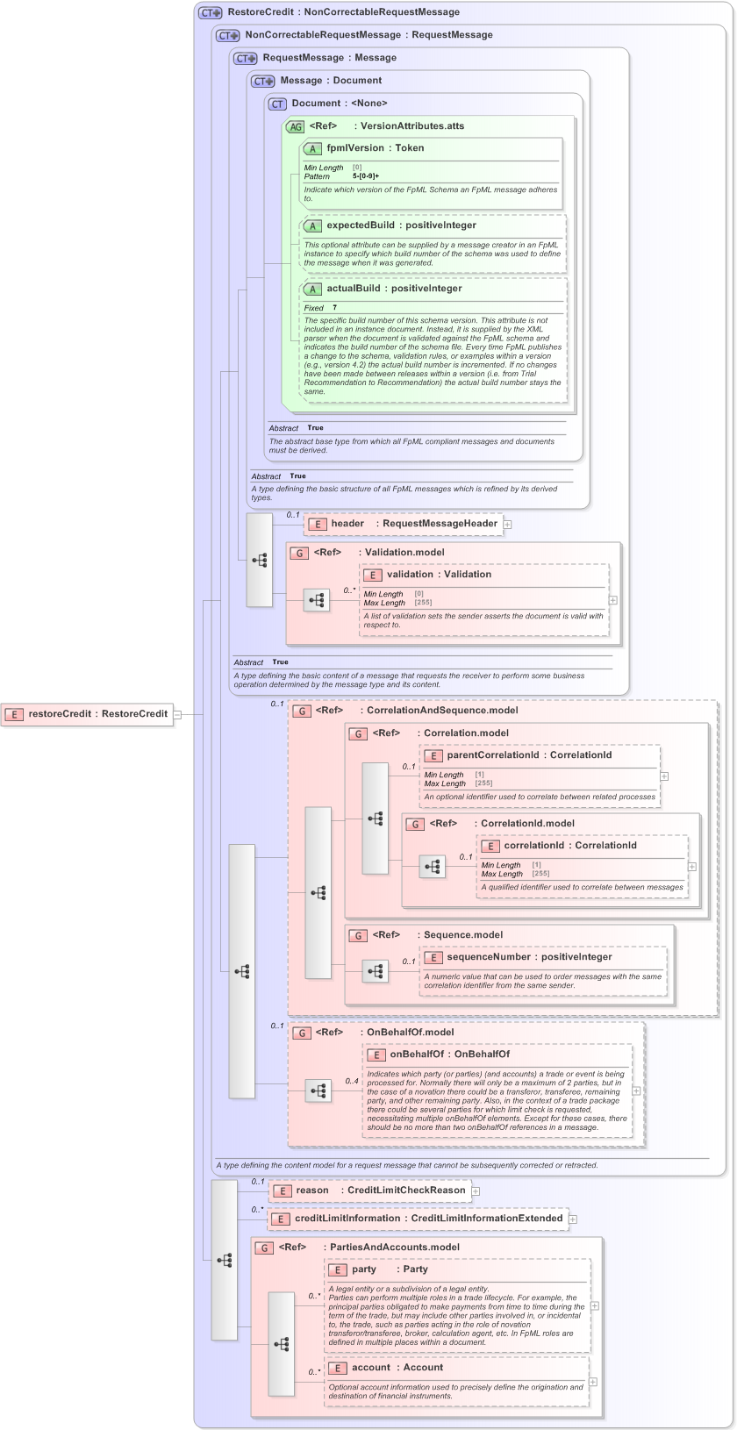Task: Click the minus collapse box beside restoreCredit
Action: tap(177, 714)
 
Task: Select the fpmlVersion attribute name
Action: tap(354, 148)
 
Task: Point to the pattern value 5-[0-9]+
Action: tap(366, 176)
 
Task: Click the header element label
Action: tap(347, 524)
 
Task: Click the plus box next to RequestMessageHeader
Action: tap(507, 525)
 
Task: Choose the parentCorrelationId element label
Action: tap(492, 755)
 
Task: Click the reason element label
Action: tap(312, 1190)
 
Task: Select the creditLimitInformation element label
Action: tap(347, 1219)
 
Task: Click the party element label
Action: tap(364, 1269)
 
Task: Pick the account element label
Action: tap(371, 1368)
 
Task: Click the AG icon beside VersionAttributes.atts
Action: tap(296, 126)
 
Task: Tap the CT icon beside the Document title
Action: tap(277, 104)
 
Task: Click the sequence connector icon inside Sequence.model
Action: tap(376, 971)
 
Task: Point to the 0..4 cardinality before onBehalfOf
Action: tap(352, 1081)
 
